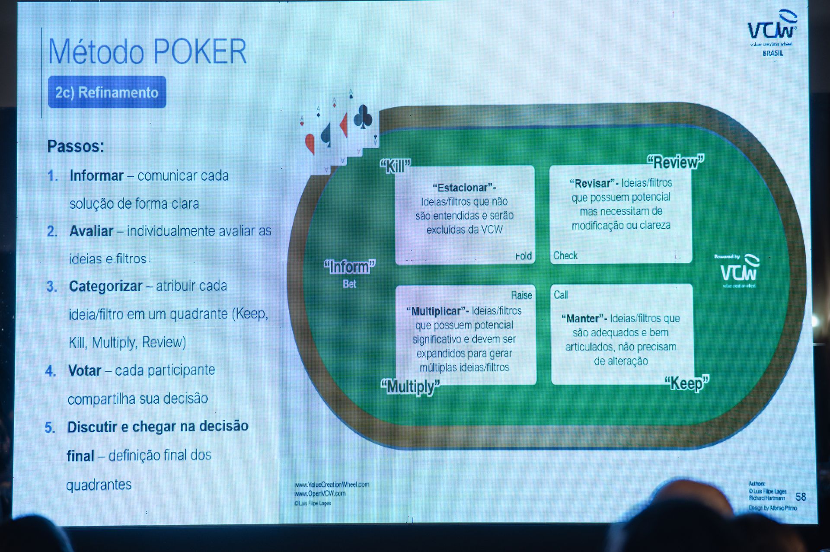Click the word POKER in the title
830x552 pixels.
200,52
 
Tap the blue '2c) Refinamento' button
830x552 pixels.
107,92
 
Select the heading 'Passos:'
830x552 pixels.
76,146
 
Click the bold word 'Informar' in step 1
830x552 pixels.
96,175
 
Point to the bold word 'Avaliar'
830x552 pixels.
91,231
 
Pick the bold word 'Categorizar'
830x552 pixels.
105,286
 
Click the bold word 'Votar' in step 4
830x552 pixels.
84,370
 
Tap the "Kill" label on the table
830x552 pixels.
395,166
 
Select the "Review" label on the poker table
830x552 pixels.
675,162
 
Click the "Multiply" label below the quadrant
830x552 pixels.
410,386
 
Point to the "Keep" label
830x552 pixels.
686,383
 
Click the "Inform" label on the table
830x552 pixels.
349,267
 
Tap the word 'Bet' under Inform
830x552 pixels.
349,284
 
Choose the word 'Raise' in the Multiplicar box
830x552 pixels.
521,295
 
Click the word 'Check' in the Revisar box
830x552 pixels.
565,255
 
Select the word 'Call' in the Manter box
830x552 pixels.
561,295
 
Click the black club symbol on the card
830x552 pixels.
363,117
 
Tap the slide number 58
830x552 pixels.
801,497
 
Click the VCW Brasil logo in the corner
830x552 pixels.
773,32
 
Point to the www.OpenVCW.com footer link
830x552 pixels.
320,494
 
